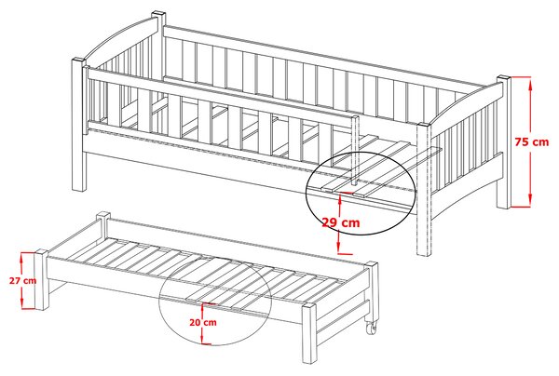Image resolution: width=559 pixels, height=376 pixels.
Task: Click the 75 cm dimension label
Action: (532, 141)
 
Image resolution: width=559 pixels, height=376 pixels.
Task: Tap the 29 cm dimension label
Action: (341, 222)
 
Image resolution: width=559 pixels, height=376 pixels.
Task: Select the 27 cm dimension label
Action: (22, 280)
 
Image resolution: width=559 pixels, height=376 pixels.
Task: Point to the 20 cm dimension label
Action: (203, 323)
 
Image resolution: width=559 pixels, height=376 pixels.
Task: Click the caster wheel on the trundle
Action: (371, 328)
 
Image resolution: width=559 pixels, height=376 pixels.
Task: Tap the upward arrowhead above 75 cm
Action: (530, 85)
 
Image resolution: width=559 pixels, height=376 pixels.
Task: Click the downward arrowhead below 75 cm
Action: (530, 199)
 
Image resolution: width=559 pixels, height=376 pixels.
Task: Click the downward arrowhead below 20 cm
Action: (203, 340)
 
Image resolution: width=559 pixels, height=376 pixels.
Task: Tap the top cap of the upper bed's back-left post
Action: (158, 14)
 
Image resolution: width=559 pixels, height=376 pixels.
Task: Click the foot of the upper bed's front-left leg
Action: (79, 188)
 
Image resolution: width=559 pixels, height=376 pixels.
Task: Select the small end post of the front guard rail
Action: (355, 150)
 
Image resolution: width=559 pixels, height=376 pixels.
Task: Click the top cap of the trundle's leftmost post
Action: (41, 251)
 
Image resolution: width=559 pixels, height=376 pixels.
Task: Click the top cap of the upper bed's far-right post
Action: (504, 77)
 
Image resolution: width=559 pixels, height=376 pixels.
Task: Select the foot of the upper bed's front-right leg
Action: (424, 252)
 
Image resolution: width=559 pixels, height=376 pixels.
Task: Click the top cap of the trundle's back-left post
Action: (103, 214)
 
